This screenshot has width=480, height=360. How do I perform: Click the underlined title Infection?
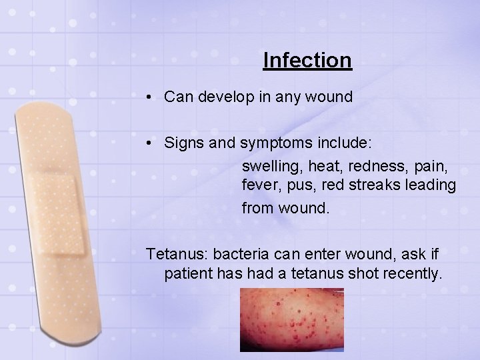click(x=307, y=61)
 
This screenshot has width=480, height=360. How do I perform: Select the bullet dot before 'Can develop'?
click(x=153, y=97)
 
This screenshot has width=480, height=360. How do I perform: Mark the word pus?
click(x=304, y=186)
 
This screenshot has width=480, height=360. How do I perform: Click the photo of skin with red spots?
click(x=291, y=319)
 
